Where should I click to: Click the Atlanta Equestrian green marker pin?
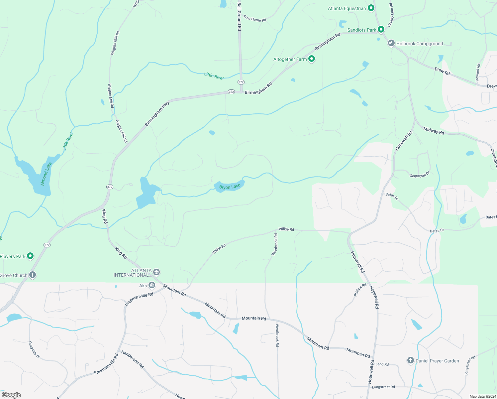pyautogui.click(x=371, y=8)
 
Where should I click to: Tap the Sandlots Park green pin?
pyautogui.click(x=381, y=29)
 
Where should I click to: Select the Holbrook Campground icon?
pyautogui.click(x=391, y=43)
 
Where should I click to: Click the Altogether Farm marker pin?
pyautogui.click(x=311, y=59)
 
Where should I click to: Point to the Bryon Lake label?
pyautogui.click(x=230, y=187)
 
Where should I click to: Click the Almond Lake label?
pyautogui.click(x=46, y=174)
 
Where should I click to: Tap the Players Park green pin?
pyautogui.click(x=30, y=256)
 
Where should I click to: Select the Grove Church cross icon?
pyautogui.click(x=32, y=275)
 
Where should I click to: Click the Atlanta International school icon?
pyautogui.click(x=156, y=272)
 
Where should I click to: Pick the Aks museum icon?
pyautogui.click(x=152, y=285)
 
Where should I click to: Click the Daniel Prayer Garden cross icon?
pyautogui.click(x=410, y=360)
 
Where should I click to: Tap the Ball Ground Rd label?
pyautogui.click(x=239, y=17)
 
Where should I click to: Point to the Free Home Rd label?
pyautogui.click(x=255, y=19)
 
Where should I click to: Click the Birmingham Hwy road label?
pyautogui.click(x=157, y=114)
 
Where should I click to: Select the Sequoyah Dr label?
pyautogui.click(x=420, y=174)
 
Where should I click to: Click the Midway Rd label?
pyautogui.click(x=434, y=131)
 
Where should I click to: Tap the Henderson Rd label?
pyautogui.click(x=132, y=359)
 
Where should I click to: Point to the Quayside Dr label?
pyautogui.click(x=34, y=349)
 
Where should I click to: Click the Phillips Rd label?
pyautogui.click(x=360, y=290)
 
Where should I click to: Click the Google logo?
pyautogui.click(x=11, y=395)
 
